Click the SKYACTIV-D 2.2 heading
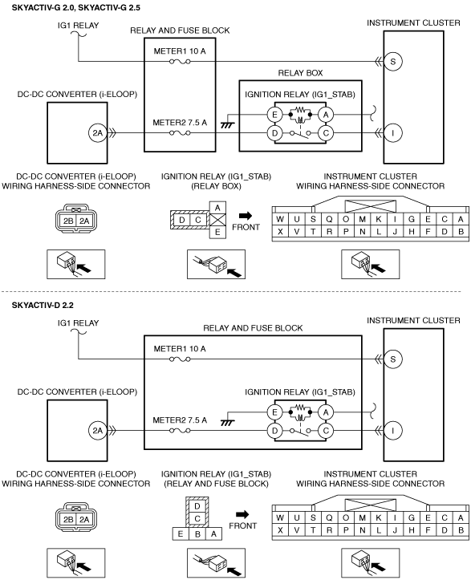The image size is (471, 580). coord(43,305)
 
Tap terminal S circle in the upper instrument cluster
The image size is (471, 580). coord(392,62)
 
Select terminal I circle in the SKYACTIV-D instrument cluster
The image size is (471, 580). coord(392,431)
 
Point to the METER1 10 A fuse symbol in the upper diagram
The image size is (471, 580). coord(180,62)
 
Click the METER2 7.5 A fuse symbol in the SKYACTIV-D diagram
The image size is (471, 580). coord(180,431)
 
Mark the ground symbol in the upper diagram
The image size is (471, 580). coord(227,125)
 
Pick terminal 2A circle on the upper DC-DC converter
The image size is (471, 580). coord(97,133)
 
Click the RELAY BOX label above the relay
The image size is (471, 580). coord(300,73)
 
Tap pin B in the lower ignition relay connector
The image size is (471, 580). coord(197,533)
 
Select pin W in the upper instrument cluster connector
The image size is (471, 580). coord(280,219)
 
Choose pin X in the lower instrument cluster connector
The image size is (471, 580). coord(280,530)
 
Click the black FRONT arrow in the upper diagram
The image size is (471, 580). coord(246,216)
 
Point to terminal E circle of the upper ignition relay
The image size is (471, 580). coord(274,115)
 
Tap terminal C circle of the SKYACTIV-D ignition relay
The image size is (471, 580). coord(326,431)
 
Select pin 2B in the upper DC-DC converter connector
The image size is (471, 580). coord(68,221)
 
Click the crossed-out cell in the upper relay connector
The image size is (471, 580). coord(217,220)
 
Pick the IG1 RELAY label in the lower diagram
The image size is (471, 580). coord(78,323)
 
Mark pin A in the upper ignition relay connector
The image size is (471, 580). coord(217,208)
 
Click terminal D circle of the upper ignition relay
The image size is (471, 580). coord(274,133)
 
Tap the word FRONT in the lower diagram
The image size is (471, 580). coord(242,525)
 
